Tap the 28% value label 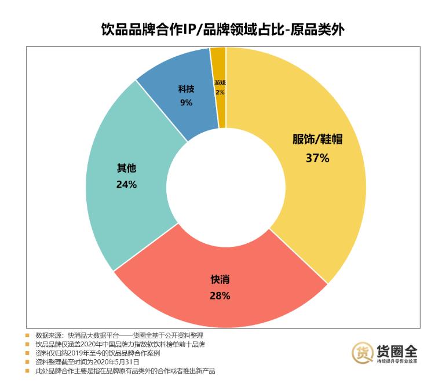tap(220, 295)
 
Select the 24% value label tap(126, 184)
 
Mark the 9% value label tap(186, 103)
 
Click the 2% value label tap(220, 92)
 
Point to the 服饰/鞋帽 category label tap(317, 140)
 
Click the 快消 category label tap(220, 279)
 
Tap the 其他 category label tap(126, 169)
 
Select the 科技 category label tap(186, 89)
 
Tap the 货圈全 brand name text tap(396, 349)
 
